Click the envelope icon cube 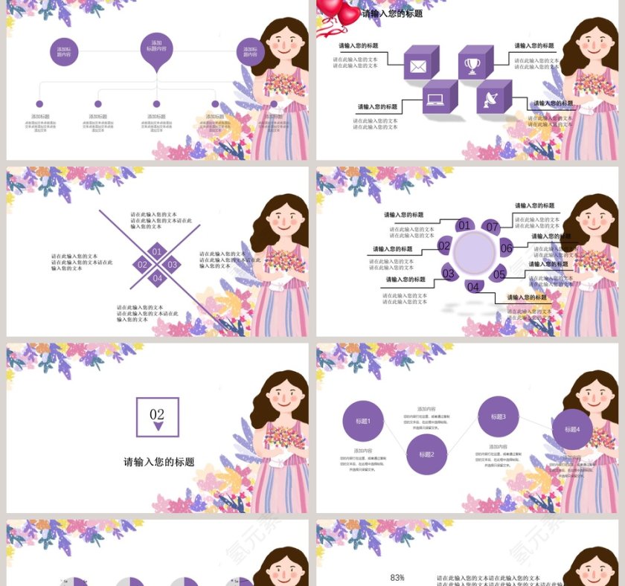coord(420,64)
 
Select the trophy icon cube coord(474,64)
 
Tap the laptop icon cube coord(438,98)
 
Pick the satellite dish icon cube coord(493,97)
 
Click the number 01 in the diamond coord(157,251)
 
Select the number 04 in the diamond coord(157,278)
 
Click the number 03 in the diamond coord(172,265)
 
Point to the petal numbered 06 coord(506,248)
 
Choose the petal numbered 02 coord(444,246)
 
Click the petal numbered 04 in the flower coord(473,286)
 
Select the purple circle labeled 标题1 coord(363,422)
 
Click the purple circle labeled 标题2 coord(426,454)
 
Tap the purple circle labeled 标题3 coord(498,417)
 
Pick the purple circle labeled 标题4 coord(571,429)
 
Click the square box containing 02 coord(157,417)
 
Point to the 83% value coord(397,577)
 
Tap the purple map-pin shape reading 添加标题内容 coord(156,48)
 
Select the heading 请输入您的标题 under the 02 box coord(158,462)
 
